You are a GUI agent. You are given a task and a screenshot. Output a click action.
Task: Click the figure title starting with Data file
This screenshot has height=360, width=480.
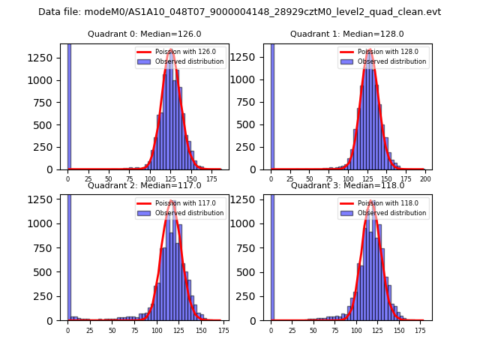[239, 12]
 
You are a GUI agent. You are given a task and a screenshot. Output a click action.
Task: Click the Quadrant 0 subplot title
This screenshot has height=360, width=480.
[145, 34]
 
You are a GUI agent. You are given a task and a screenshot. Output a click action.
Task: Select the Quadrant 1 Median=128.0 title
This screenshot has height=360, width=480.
[347, 34]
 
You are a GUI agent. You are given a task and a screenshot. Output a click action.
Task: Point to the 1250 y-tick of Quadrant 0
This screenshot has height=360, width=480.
[45, 58]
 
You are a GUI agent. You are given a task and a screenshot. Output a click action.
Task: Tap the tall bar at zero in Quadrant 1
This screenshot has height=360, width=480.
[271, 105]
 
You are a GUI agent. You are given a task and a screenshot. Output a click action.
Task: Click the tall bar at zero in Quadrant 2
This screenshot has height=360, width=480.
[69, 255]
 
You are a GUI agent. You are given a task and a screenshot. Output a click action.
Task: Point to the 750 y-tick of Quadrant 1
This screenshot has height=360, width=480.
[250, 103]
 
